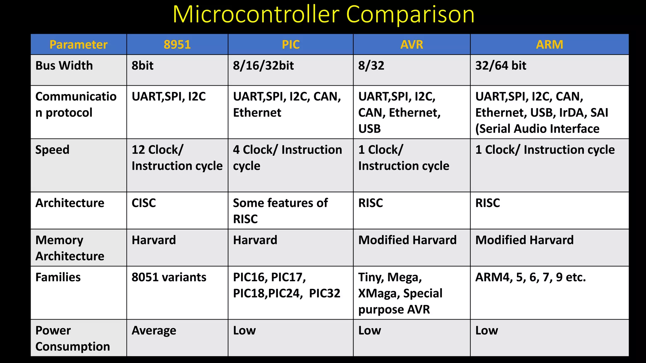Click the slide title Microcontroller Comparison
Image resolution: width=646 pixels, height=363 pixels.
[x=323, y=14]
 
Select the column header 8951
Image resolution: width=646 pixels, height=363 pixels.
[x=177, y=44]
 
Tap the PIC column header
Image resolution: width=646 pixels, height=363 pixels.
[x=291, y=44]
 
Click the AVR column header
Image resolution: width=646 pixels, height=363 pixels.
[x=412, y=44]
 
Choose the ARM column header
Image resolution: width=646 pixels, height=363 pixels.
[x=549, y=44]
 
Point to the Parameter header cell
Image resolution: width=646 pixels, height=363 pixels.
[x=79, y=44]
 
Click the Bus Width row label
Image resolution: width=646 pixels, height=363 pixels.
[x=64, y=66]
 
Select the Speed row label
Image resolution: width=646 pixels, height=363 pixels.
[x=52, y=150]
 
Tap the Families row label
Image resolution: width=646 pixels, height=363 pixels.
[x=58, y=277]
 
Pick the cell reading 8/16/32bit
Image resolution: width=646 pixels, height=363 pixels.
[x=263, y=66]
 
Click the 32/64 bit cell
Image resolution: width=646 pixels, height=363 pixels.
[x=501, y=66]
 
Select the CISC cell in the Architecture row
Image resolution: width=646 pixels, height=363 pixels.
[x=144, y=203]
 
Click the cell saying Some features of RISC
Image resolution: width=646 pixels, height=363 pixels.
[x=280, y=210]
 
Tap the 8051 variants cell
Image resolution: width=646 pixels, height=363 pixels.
[x=169, y=277]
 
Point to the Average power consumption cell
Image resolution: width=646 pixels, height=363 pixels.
[x=154, y=331]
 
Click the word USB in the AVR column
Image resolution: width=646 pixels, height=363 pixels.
[x=369, y=129]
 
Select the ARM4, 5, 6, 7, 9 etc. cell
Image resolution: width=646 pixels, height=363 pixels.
[x=531, y=277]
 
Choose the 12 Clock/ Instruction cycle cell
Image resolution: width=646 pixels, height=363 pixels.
[x=177, y=158]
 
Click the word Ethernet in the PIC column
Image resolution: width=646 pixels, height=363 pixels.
[x=257, y=113]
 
